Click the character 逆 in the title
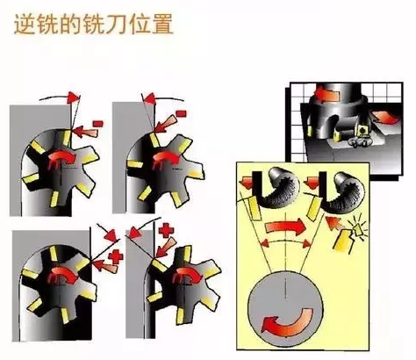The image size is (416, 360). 25,25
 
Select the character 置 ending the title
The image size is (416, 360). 162,25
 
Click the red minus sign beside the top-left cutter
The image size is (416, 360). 97,123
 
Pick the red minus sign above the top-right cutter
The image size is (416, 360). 182,113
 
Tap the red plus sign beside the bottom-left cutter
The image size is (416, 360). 116,257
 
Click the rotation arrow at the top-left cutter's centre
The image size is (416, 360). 61,158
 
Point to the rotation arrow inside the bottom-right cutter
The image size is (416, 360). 186,275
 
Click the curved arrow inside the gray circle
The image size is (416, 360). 287,322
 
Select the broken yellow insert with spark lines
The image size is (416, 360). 349,236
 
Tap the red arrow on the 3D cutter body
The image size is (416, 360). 326,94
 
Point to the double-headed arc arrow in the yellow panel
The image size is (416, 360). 286,242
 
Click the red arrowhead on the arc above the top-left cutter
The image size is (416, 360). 73,97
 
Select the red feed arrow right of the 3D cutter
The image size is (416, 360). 384,117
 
